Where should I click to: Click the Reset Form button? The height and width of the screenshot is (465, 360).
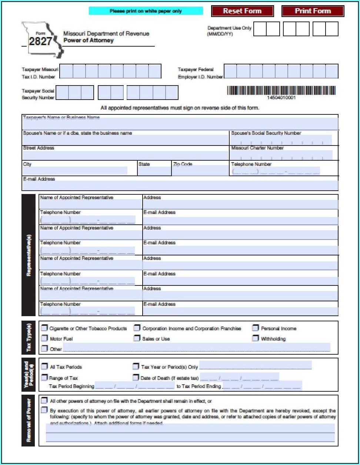point(242,11)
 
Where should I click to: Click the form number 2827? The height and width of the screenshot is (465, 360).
point(40,41)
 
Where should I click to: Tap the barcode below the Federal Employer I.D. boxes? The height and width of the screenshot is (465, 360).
point(281,91)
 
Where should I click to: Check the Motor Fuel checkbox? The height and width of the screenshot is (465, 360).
point(44,338)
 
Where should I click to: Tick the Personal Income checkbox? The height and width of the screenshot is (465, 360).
point(256,328)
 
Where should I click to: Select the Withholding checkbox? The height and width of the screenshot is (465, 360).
point(256,338)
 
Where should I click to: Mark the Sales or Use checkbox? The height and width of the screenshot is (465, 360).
point(137,338)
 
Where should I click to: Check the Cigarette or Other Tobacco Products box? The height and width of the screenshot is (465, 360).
point(44,328)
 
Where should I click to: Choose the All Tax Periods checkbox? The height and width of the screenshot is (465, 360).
point(44,367)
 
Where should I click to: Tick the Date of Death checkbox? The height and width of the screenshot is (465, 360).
point(136,378)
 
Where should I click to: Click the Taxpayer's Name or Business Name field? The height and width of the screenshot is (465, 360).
point(180,123)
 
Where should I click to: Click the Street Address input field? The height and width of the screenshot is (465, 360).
point(125,155)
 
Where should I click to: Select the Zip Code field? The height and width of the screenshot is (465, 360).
point(200,171)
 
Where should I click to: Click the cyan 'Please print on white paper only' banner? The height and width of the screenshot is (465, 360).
point(146,11)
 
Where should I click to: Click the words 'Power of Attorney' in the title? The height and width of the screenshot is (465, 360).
point(89,40)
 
